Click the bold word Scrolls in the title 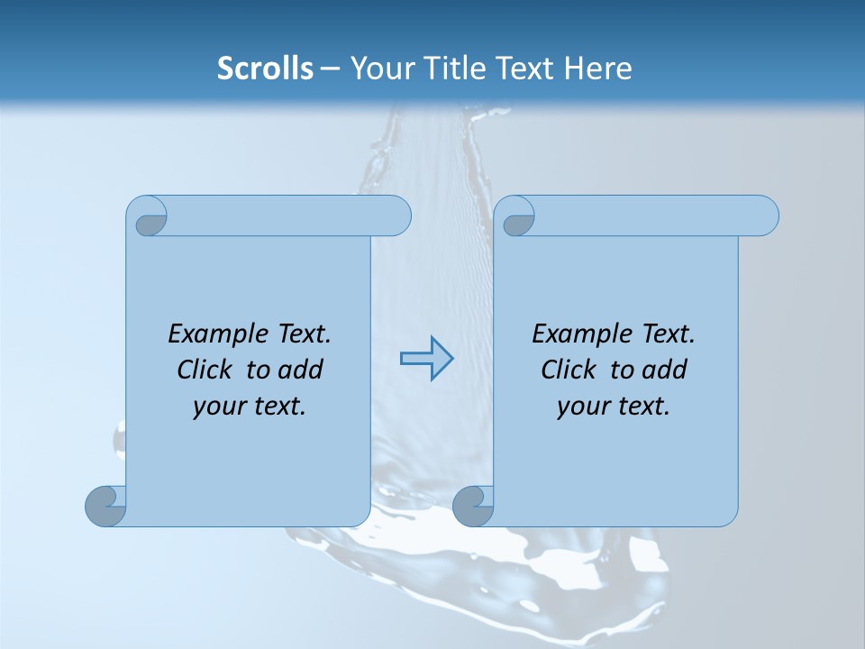265,69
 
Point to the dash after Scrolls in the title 330,69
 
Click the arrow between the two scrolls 426,359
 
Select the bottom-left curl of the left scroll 107,505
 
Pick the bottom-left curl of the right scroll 474,505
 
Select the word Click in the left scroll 206,370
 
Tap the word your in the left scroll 219,407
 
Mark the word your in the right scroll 583,407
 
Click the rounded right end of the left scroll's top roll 396,215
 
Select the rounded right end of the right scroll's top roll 764,215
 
